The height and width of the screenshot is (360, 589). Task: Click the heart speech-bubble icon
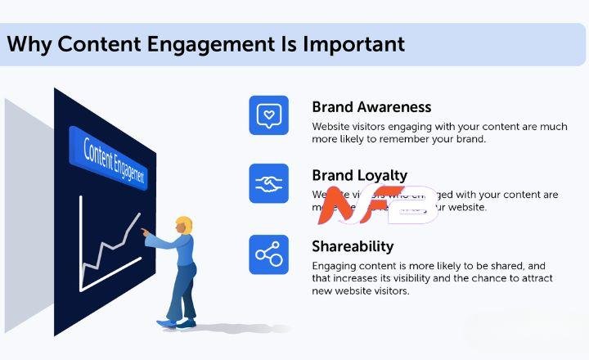tap(269, 115)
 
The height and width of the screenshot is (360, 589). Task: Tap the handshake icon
tap(269, 184)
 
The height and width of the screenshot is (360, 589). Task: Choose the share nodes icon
tap(269, 254)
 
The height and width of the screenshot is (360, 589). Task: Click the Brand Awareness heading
tap(371, 107)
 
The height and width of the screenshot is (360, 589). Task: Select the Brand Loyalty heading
tap(359, 176)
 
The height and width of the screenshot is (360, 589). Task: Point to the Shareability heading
tap(353, 246)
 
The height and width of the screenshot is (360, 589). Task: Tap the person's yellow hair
tap(184, 223)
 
